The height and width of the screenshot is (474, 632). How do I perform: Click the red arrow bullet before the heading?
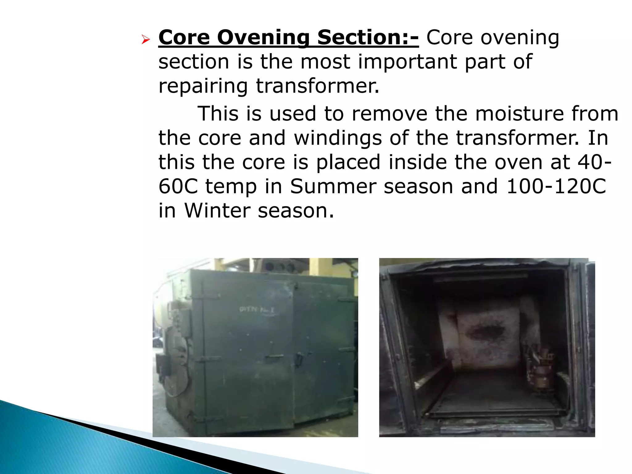coord(145,39)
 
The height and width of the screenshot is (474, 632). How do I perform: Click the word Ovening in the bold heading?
coord(263,38)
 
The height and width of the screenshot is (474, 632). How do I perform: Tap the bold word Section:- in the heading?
coord(368,38)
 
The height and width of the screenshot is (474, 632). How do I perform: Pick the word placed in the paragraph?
coord(348,162)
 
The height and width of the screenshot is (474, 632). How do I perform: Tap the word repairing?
coord(203,86)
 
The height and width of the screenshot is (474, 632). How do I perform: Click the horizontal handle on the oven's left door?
coord(273,357)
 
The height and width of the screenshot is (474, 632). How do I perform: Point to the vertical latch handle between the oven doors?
coord(298,360)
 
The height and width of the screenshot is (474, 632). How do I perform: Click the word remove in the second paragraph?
coord(389,114)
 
